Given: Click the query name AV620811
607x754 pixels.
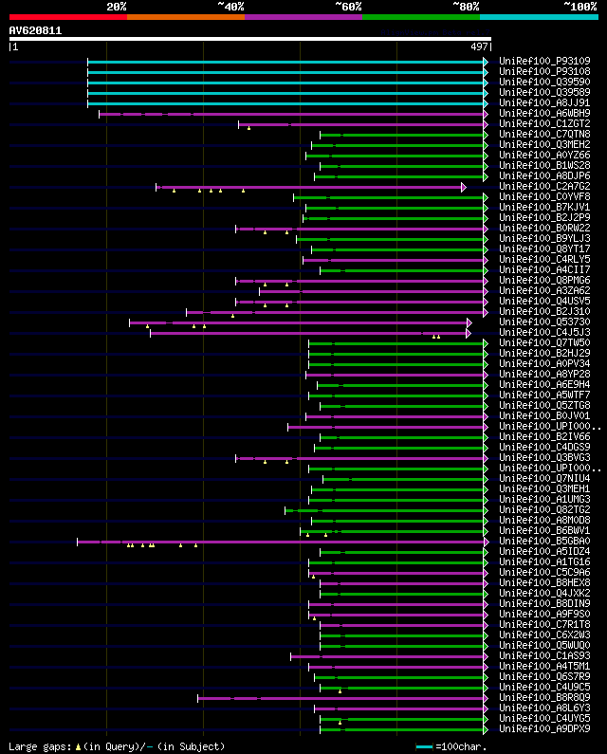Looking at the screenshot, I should click(35, 30).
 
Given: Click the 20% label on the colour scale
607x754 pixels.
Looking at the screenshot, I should click(117, 7).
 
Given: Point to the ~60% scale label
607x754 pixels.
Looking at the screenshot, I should click(348, 7).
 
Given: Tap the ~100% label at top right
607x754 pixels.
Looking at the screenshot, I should click(579, 7).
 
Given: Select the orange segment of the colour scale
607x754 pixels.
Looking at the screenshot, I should click(185, 16).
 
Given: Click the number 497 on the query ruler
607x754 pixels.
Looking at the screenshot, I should click(479, 46).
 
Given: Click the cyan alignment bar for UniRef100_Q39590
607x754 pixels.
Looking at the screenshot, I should click(285, 83).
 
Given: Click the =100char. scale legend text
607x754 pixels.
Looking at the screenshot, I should click(464, 746).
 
